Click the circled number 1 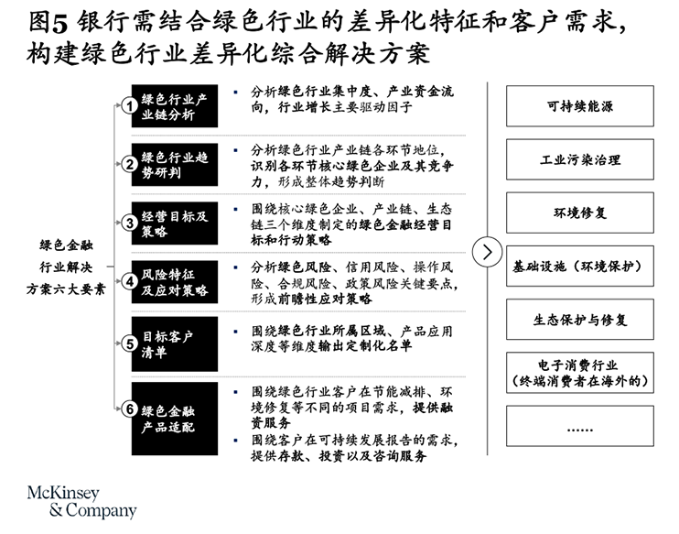129,105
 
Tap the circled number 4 129,282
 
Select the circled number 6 129,409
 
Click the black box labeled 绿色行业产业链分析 175,105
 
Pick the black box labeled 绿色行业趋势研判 175,165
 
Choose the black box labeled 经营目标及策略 175,223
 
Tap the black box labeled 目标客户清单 175,343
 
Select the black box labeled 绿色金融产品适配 175,419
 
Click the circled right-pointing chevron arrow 487,252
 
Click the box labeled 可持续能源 580,106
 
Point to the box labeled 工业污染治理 580,159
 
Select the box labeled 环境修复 580,213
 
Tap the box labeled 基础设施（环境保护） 580,267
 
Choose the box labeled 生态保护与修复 580,320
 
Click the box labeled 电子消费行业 580,373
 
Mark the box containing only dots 580,426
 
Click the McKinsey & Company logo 81,502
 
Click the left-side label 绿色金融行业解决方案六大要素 66,267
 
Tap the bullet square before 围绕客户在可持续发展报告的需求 235,441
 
